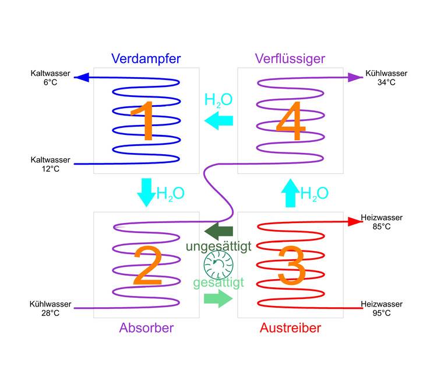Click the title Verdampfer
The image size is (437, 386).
point(146,58)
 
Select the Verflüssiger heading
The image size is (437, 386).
point(290,58)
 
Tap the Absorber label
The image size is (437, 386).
point(146,328)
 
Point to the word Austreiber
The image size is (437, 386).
point(290,328)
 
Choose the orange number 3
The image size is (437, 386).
point(291,266)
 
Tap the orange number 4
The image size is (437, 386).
point(290,122)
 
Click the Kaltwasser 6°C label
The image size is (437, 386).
point(50,78)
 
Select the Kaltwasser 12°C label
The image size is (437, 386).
point(50,164)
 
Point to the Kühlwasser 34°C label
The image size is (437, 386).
point(386,78)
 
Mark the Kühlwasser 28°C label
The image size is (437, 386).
point(50,308)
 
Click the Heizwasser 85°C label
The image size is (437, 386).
point(382,222)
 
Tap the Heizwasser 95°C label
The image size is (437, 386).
point(382,308)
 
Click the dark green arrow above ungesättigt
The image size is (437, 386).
point(218,230)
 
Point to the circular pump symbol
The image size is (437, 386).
point(218,265)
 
